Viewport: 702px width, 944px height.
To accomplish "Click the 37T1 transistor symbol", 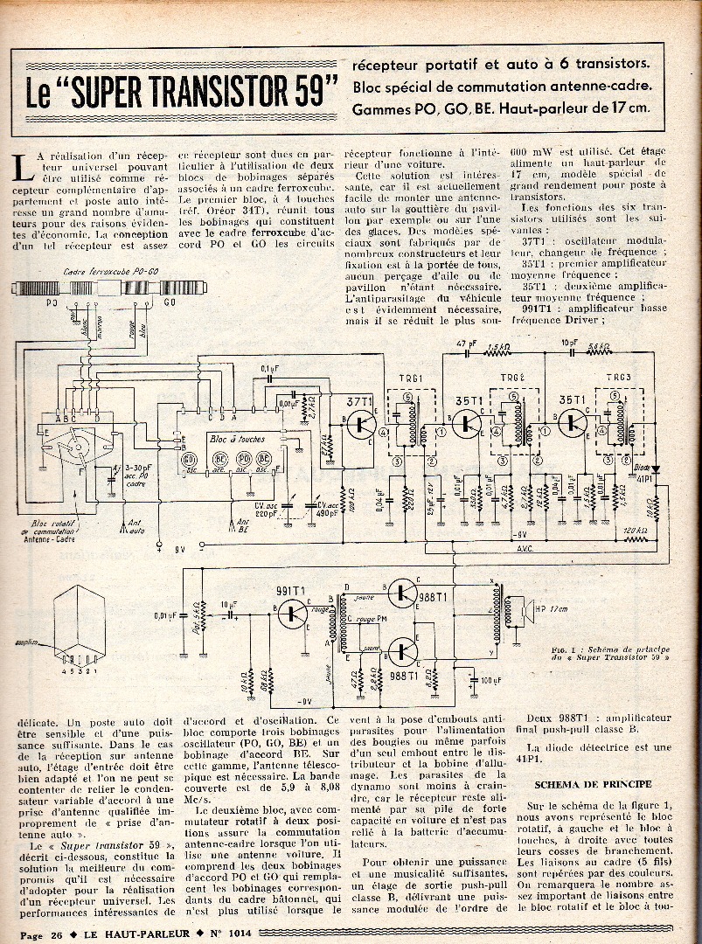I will pos(362,425).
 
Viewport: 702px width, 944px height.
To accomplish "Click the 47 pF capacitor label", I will pos(464,344).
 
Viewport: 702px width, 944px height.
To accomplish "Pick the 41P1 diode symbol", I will pos(656,469).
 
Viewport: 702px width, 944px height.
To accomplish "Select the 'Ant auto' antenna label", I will pos(136,526).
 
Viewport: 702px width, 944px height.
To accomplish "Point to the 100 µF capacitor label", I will pos(491,680).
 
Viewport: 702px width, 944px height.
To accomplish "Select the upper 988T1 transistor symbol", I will pos(401,593).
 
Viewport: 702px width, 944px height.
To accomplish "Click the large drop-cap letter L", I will pos(25,166).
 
